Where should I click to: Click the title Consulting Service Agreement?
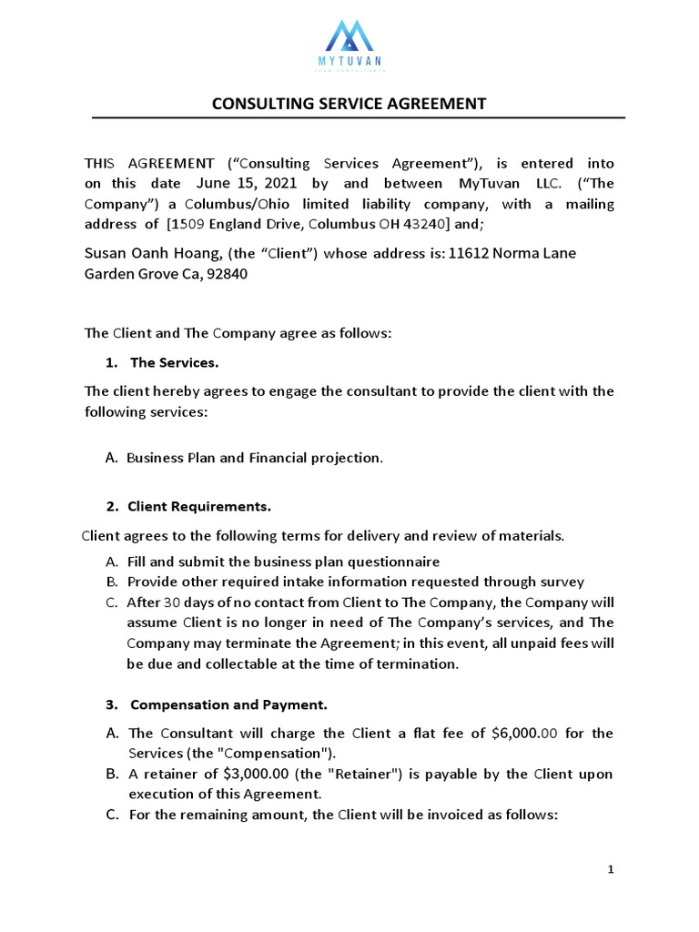pyautogui.click(x=349, y=104)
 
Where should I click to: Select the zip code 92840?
pyautogui.click(x=224, y=272)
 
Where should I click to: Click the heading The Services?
pyautogui.click(x=174, y=362)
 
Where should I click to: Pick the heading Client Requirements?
pyautogui.click(x=198, y=505)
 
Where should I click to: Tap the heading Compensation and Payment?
pyautogui.click(x=228, y=704)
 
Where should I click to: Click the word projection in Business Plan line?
pyautogui.click(x=347, y=458)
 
